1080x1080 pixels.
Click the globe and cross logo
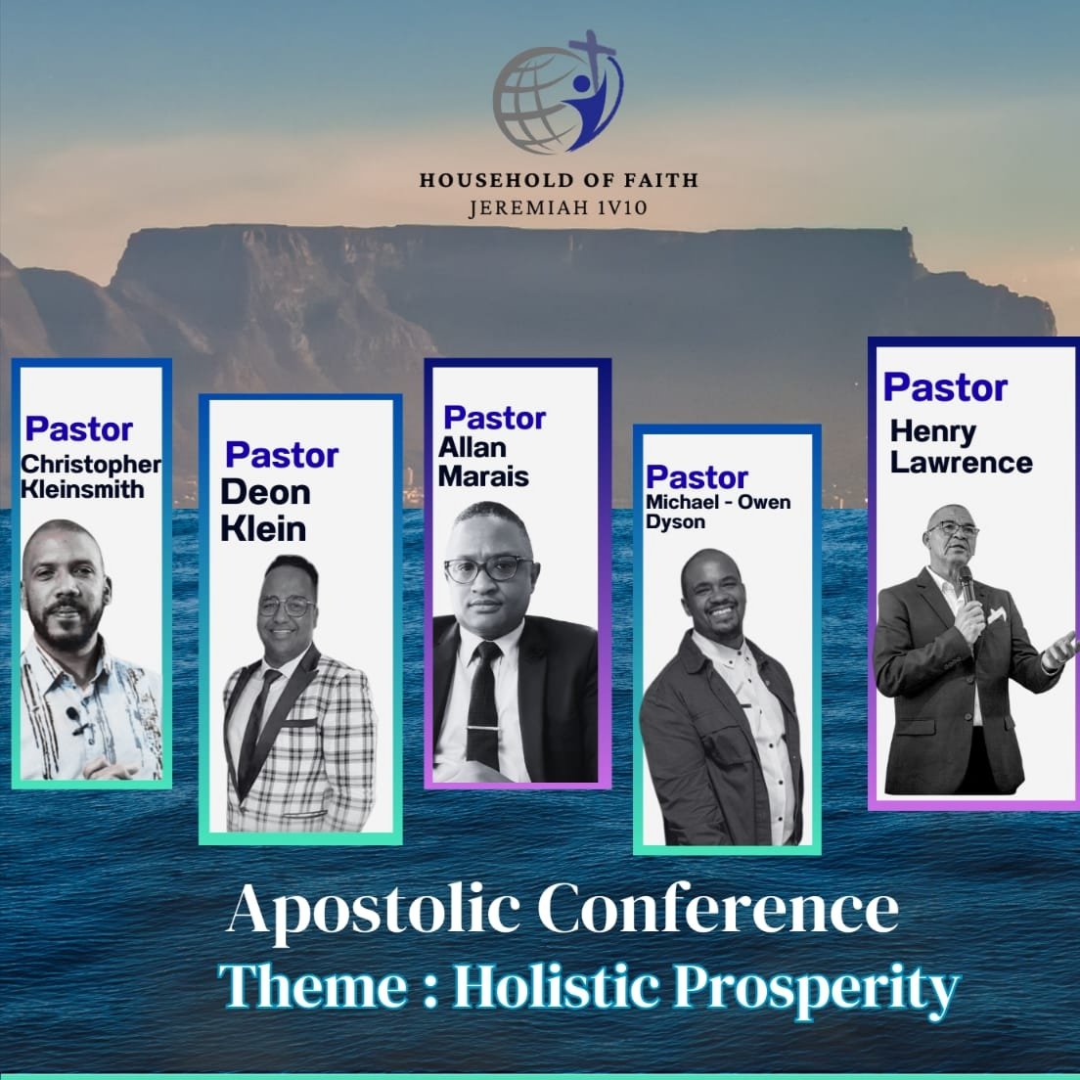point(558,92)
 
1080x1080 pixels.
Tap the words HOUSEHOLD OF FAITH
point(560,180)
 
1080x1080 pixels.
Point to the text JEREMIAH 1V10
point(559,208)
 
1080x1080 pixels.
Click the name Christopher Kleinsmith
point(90,476)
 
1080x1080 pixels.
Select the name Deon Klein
point(265,511)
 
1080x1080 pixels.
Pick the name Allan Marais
point(483,462)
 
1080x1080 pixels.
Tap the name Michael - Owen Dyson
point(718,512)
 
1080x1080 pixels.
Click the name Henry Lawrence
point(961,446)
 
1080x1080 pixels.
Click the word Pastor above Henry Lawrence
point(945,387)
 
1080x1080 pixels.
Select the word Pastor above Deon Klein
point(282,455)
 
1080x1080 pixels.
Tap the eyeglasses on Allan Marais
point(489,569)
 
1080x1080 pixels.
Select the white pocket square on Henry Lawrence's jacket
point(997,615)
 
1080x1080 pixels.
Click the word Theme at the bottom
point(313,986)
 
